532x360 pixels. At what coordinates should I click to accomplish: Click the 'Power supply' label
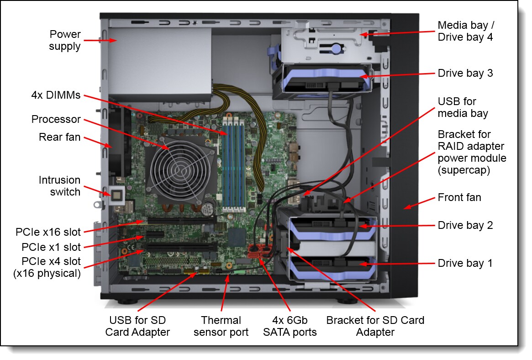click(x=65, y=40)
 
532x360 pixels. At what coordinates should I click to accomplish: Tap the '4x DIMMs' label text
click(x=56, y=95)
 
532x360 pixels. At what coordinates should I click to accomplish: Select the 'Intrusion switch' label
click(x=59, y=186)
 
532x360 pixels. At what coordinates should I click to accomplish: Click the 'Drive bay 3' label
click(x=465, y=73)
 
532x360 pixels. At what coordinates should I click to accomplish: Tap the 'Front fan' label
click(x=459, y=197)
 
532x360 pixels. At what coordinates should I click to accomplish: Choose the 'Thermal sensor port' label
click(x=221, y=326)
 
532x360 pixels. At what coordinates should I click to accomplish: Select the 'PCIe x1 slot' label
click(x=51, y=247)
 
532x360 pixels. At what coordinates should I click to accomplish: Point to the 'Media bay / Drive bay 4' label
click(x=465, y=31)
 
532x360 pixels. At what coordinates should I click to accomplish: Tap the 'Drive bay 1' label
click(x=465, y=263)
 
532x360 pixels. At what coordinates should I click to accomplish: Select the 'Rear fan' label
click(x=59, y=137)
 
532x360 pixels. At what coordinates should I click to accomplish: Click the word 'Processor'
click(x=56, y=120)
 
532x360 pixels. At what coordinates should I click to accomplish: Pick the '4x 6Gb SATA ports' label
click(x=290, y=326)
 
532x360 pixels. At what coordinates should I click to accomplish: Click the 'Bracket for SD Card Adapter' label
click(x=375, y=326)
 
